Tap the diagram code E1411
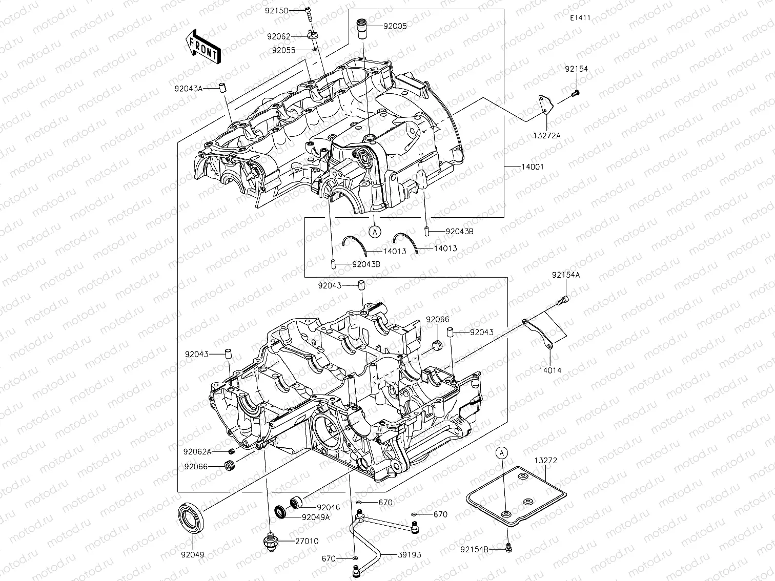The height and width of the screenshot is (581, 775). pos(580,18)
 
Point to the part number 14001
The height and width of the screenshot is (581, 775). pos(533,167)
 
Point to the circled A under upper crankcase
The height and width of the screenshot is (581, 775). pos(375,232)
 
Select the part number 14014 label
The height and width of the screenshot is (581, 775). pos(549,370)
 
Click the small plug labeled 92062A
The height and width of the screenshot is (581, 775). pos(231,451)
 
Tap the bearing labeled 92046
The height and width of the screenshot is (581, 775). pos(296,502)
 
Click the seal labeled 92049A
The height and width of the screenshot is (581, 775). pos(281,511)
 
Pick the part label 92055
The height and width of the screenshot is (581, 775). pos(283,50)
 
